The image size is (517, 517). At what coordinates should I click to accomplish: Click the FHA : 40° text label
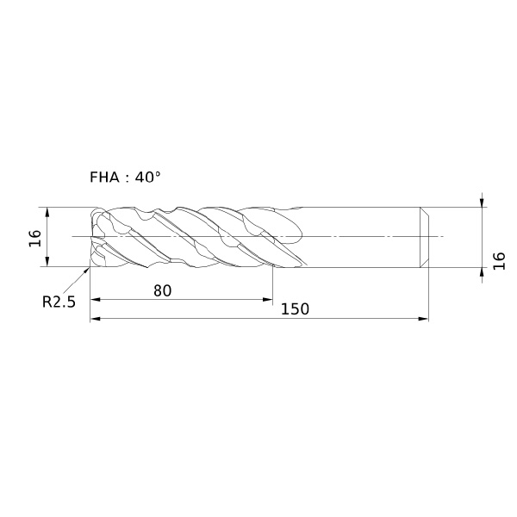[125, 178]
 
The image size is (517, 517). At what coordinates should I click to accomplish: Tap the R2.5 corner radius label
[59, 302]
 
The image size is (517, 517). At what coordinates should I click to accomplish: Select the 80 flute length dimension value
[163, 291]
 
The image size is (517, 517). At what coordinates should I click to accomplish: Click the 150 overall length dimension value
[295, 309]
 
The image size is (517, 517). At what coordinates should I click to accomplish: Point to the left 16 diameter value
[35, 238]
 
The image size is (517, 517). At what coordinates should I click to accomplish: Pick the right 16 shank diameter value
[499, 261]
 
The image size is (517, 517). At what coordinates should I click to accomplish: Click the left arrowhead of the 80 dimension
[95, 299]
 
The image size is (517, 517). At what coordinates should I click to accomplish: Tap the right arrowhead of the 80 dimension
[268, 299]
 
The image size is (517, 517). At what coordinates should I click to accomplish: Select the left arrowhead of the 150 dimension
[95, 319]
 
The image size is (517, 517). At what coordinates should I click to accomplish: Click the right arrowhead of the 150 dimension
[423, 319]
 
